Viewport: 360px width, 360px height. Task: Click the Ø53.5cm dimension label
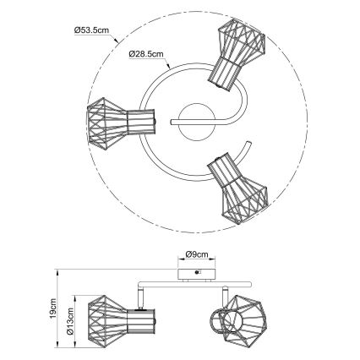coord(91,30)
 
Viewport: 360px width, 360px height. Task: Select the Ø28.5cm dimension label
coord(146,54)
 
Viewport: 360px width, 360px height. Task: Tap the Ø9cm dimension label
coord(197,254)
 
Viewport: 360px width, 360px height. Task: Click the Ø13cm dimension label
coord(70,321)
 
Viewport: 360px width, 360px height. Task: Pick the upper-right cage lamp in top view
coord(237,54)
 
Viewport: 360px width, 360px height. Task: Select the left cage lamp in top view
coord(121,123)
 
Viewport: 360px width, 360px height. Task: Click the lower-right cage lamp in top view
coord(237,188)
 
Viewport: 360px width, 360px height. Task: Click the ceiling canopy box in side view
coord(197,274)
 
